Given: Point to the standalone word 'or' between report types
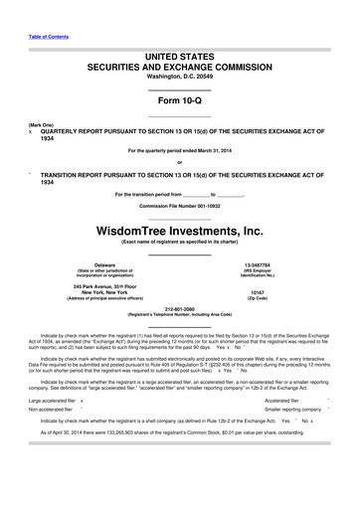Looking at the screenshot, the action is point(180,162).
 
